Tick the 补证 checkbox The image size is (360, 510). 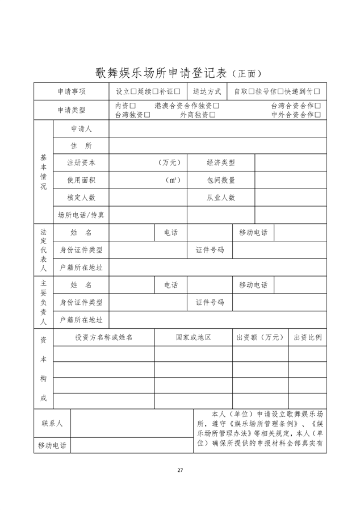click(x=177, y=91)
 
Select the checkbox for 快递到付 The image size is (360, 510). click(x=317, y=91)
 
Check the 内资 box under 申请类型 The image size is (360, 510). click(x=132, y=106)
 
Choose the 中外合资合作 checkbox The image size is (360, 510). click(x=318, y=115)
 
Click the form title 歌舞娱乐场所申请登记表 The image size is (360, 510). click(x=161, y=73)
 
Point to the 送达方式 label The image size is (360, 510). click(x=207, y=91)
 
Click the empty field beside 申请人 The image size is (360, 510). click(x=217, y=129)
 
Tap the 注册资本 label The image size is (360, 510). click(x=81, y=162)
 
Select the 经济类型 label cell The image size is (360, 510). click(x=220, y=162)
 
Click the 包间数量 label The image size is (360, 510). click(x=220, y=180)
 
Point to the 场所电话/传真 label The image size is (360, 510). click(x=81, y=215)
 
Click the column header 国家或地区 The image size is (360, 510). click(x=193, y=337)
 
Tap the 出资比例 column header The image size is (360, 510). click(x=307, y=337)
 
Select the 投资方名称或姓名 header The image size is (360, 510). click(x=104, y=337)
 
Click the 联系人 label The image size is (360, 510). click(x=52, y=423)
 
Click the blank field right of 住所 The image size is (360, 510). click(x=217, y=145)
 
